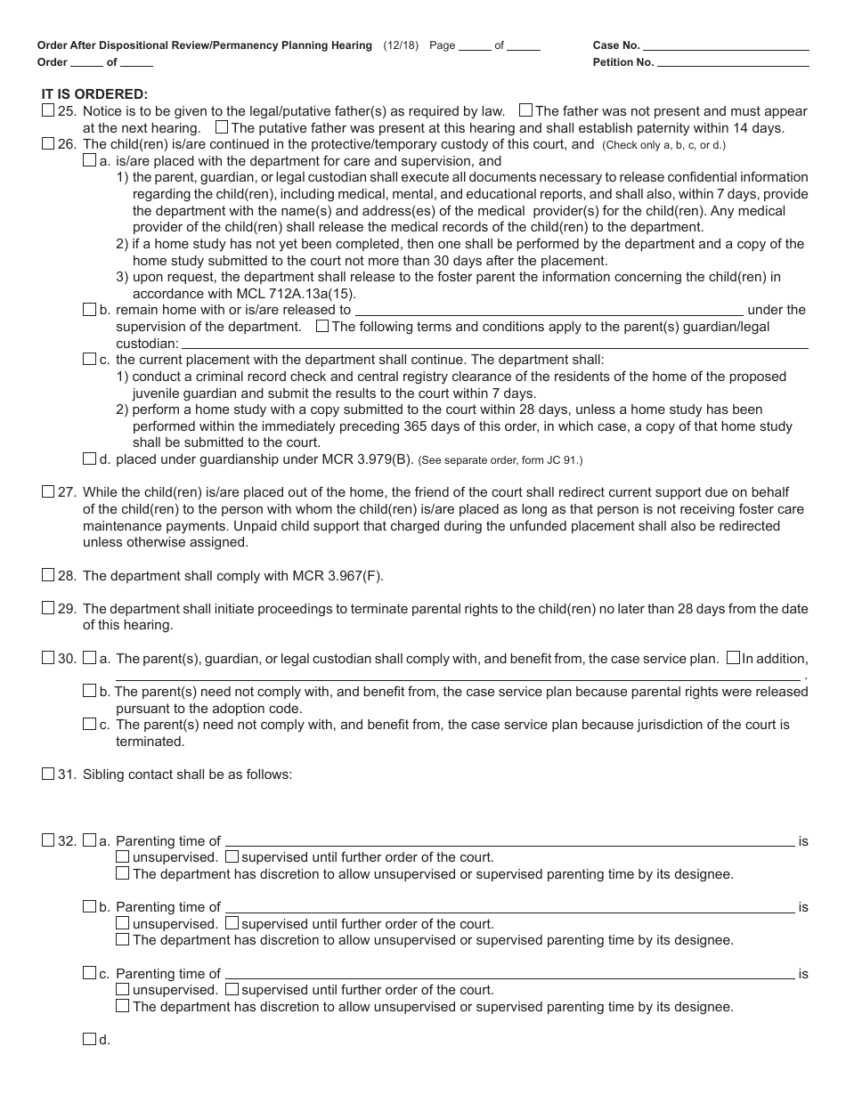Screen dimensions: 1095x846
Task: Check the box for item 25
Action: (x=48, y=111)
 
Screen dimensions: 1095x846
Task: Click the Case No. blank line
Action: (x=725, y=45)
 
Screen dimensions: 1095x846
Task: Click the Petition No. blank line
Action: (x=733, y=62)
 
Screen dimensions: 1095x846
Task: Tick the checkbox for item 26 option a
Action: (x=89, y=161)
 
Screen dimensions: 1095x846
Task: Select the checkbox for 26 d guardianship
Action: (x=89, y=459)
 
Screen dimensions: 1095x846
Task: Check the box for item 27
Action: (x=48, y=492)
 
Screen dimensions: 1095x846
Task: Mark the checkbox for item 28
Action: (x=48, y=575)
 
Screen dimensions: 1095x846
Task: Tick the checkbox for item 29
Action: (x=48, y=609)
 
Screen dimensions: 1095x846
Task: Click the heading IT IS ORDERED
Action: (x=94, y=93)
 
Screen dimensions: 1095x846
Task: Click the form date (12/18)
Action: (x=402, y=45)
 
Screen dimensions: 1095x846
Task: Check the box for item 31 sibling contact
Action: (x=48, y=775)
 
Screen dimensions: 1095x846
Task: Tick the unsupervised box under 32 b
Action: (x=122, y=923)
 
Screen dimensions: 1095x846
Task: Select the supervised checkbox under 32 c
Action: (x=232, y=989)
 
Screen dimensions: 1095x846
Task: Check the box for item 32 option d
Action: (x=89, y=1039)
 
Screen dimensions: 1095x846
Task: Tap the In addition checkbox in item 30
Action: (x=733, y=659)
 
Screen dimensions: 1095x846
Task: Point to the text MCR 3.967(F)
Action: (x=338, y=576)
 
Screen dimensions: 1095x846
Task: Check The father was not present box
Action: (x=525, y=111)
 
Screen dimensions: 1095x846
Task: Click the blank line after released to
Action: (x=549, y=310)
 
